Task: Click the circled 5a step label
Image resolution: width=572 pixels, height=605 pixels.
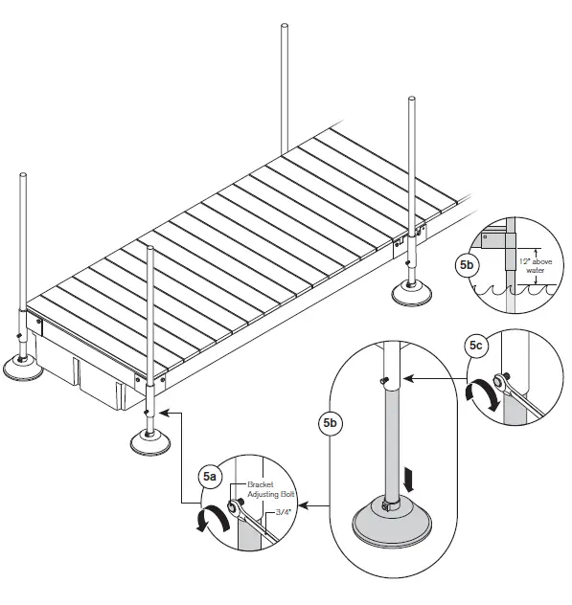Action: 208,475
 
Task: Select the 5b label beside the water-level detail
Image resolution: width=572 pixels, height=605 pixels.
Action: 467,264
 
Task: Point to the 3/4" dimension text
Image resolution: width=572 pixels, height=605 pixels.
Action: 285,513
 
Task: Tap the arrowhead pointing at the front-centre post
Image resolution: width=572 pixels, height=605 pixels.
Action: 165,413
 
